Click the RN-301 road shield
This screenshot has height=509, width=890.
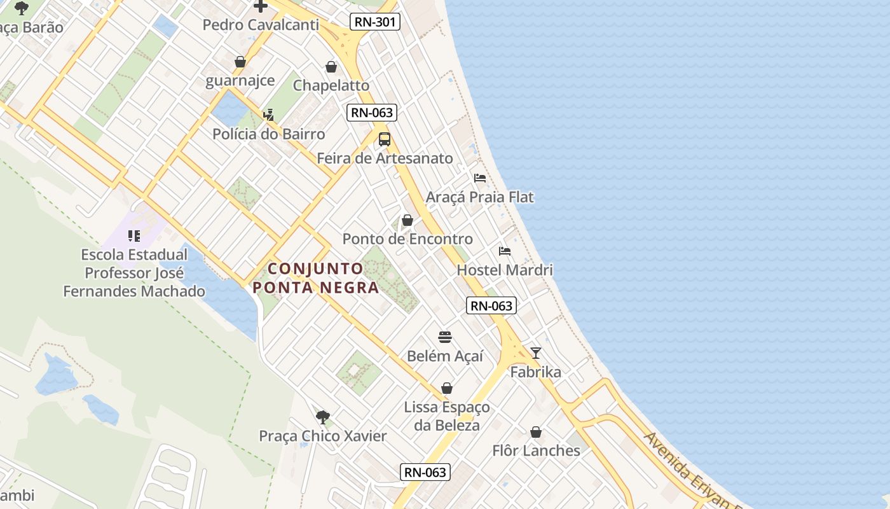(375, 22)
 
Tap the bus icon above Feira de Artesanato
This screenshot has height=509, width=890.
(384, 139)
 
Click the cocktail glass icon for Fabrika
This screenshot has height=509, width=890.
(536, 353)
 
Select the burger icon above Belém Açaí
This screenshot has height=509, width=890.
(445, 337)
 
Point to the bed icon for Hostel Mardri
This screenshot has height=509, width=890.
(505, 251)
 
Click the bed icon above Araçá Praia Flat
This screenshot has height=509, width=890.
(480, 178)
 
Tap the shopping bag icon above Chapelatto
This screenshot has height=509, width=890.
(331, 67)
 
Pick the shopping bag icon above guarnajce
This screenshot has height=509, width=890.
(240, 62)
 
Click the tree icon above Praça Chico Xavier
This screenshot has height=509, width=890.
(323, 417)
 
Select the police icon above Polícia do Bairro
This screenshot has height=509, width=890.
(269, 115)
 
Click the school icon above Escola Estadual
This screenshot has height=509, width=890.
(134, 237)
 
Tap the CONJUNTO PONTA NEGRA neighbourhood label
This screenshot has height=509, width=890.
(316, 278)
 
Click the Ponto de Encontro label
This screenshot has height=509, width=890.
(407, 239)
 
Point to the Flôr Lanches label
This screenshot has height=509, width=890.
(536, 450)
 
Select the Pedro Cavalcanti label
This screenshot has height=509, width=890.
(261, 25)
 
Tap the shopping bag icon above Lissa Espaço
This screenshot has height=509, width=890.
(447, 388)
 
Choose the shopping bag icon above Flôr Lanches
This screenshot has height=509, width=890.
(536, 433)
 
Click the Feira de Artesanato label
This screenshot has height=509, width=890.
(385, 158)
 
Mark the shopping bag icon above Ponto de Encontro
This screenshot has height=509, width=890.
(407, 221)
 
